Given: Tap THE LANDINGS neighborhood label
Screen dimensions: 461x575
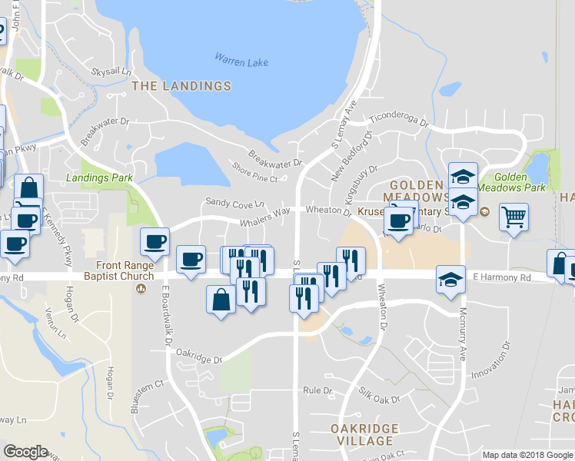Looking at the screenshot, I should point(181,86).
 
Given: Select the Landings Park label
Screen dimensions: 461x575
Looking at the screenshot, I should point(99,177).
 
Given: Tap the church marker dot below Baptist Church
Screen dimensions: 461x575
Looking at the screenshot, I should point(140,289).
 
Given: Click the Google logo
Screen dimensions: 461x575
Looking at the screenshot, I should point(25,452).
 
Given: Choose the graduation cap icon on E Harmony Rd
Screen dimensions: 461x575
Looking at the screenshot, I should point(450,280).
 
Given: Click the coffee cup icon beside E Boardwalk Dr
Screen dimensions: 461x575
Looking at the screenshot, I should point(155,241).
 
